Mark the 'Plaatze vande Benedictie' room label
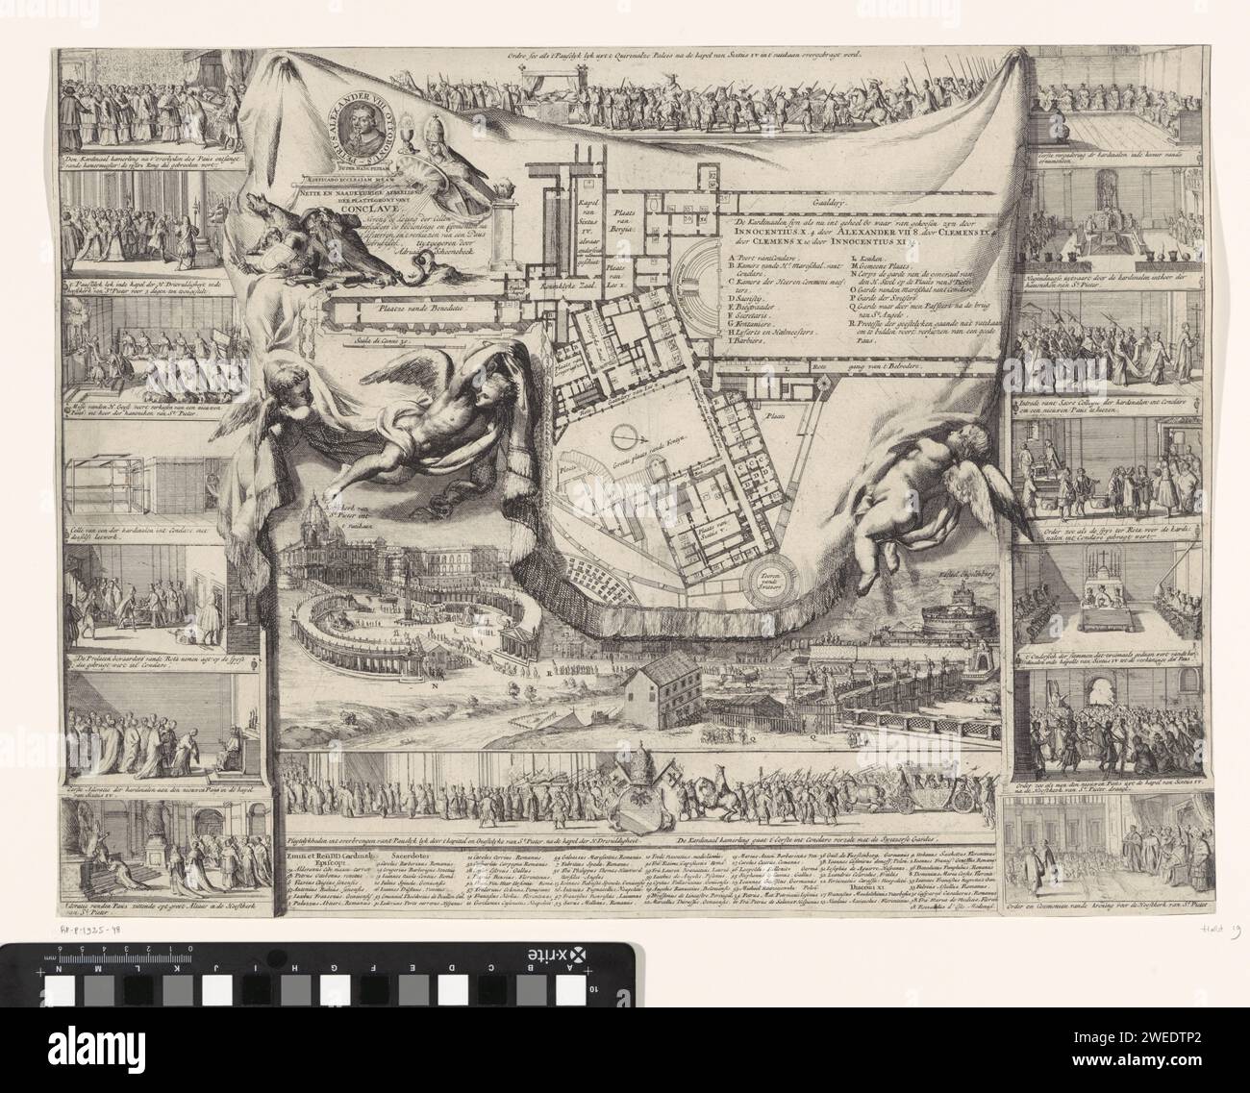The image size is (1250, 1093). click(405, 310)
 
